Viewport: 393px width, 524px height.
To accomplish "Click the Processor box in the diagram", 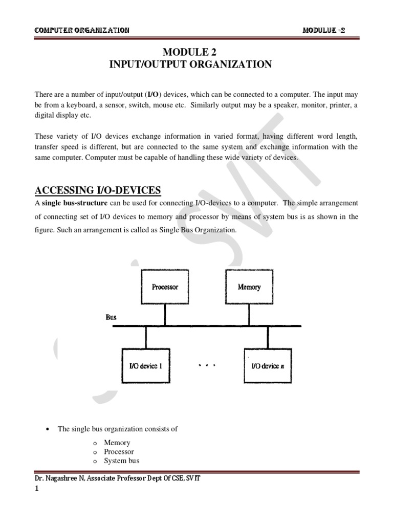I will pos(165,287).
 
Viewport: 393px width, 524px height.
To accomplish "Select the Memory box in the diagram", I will pos(249,287).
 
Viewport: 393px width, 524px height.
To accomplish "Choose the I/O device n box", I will pos(268,366).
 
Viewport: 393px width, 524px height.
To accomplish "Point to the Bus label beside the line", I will pos(111,317).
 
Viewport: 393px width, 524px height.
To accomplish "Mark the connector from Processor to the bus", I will pos(165,314).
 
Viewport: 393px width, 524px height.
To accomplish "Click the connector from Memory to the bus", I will pos(249,314).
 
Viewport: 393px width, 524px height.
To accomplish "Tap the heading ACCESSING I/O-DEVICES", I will pos(98,191).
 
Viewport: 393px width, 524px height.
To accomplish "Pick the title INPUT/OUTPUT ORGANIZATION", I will pos(190,64).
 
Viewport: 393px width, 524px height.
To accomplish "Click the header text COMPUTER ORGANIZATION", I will pos(81,30).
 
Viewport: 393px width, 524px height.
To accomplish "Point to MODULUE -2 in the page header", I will pos(324,30).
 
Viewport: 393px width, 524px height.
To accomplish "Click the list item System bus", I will pos(121,461).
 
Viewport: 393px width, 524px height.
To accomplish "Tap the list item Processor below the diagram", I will pos(119,452).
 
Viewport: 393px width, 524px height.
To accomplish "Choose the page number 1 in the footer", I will pos(36,489).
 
